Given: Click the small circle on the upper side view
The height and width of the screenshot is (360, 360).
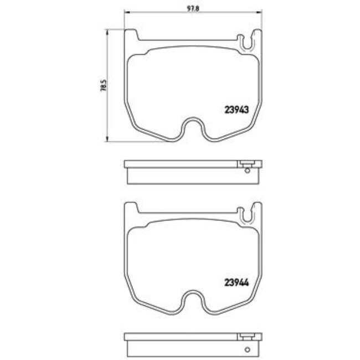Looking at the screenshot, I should point(247,170).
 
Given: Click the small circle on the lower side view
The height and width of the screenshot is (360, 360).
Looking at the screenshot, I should point(247,342).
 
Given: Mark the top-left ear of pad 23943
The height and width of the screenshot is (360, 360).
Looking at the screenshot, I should point(131,35).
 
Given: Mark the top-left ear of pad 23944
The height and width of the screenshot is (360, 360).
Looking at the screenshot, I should point(131,208).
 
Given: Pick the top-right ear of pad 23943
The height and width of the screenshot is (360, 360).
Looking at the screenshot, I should point(256,35).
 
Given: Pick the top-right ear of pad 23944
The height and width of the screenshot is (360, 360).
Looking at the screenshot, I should point(256,208).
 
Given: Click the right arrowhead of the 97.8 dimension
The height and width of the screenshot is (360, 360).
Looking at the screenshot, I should point(258,12).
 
